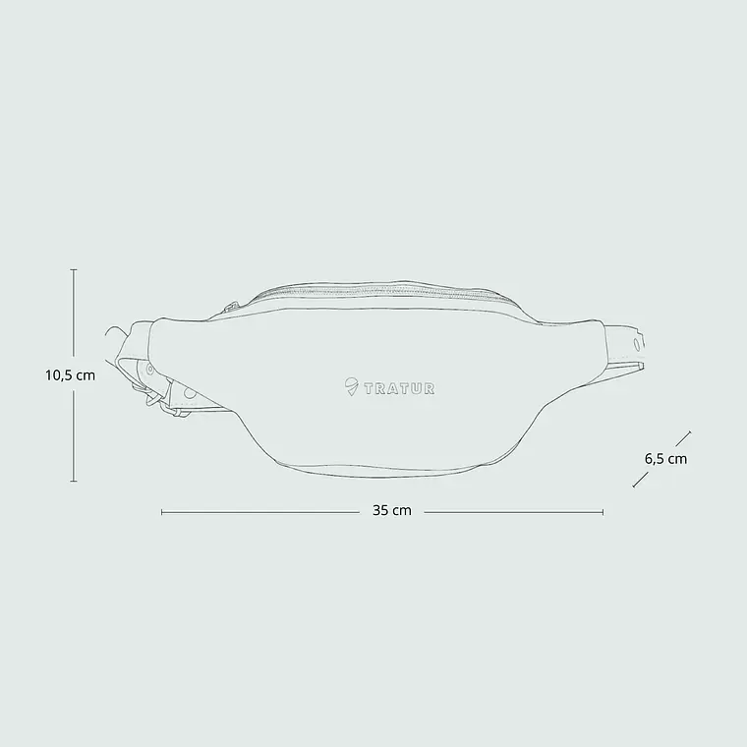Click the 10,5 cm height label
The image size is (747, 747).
tap(71, 375)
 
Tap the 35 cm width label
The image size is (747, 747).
tap(391, 511)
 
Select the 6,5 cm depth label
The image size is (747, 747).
tap(666, 459)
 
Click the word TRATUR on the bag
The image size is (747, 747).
tap(399, 389)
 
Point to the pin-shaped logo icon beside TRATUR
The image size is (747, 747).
tap(351, 386)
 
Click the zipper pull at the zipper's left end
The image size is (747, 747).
tap(232, 307)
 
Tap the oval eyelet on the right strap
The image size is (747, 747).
tap(637, 344)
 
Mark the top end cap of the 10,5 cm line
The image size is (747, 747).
tap(74, 269)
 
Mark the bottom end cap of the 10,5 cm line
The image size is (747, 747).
tap(74, 482)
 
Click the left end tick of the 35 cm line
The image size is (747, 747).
tap(162, 512)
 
